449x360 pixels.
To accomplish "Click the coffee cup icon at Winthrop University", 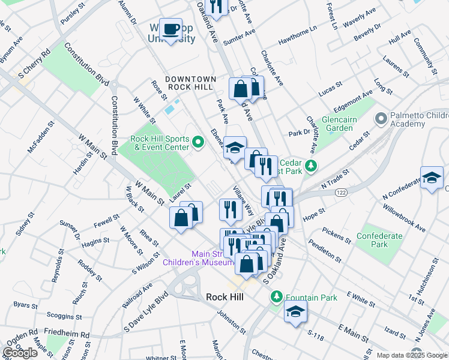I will click(172, 29).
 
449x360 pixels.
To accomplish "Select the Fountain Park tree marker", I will click(276, 296).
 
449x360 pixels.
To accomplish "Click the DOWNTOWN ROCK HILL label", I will click(190, 83).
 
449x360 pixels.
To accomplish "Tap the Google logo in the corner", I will click(20, 353).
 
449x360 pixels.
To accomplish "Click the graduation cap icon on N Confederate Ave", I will click(432, 177).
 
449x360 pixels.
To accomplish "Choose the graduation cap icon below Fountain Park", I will click(295, 311).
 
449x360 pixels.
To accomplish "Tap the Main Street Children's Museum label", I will click(198, 257).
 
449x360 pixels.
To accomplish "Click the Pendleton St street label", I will click(325, 251).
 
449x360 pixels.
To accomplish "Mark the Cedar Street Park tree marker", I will click(310, 165).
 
